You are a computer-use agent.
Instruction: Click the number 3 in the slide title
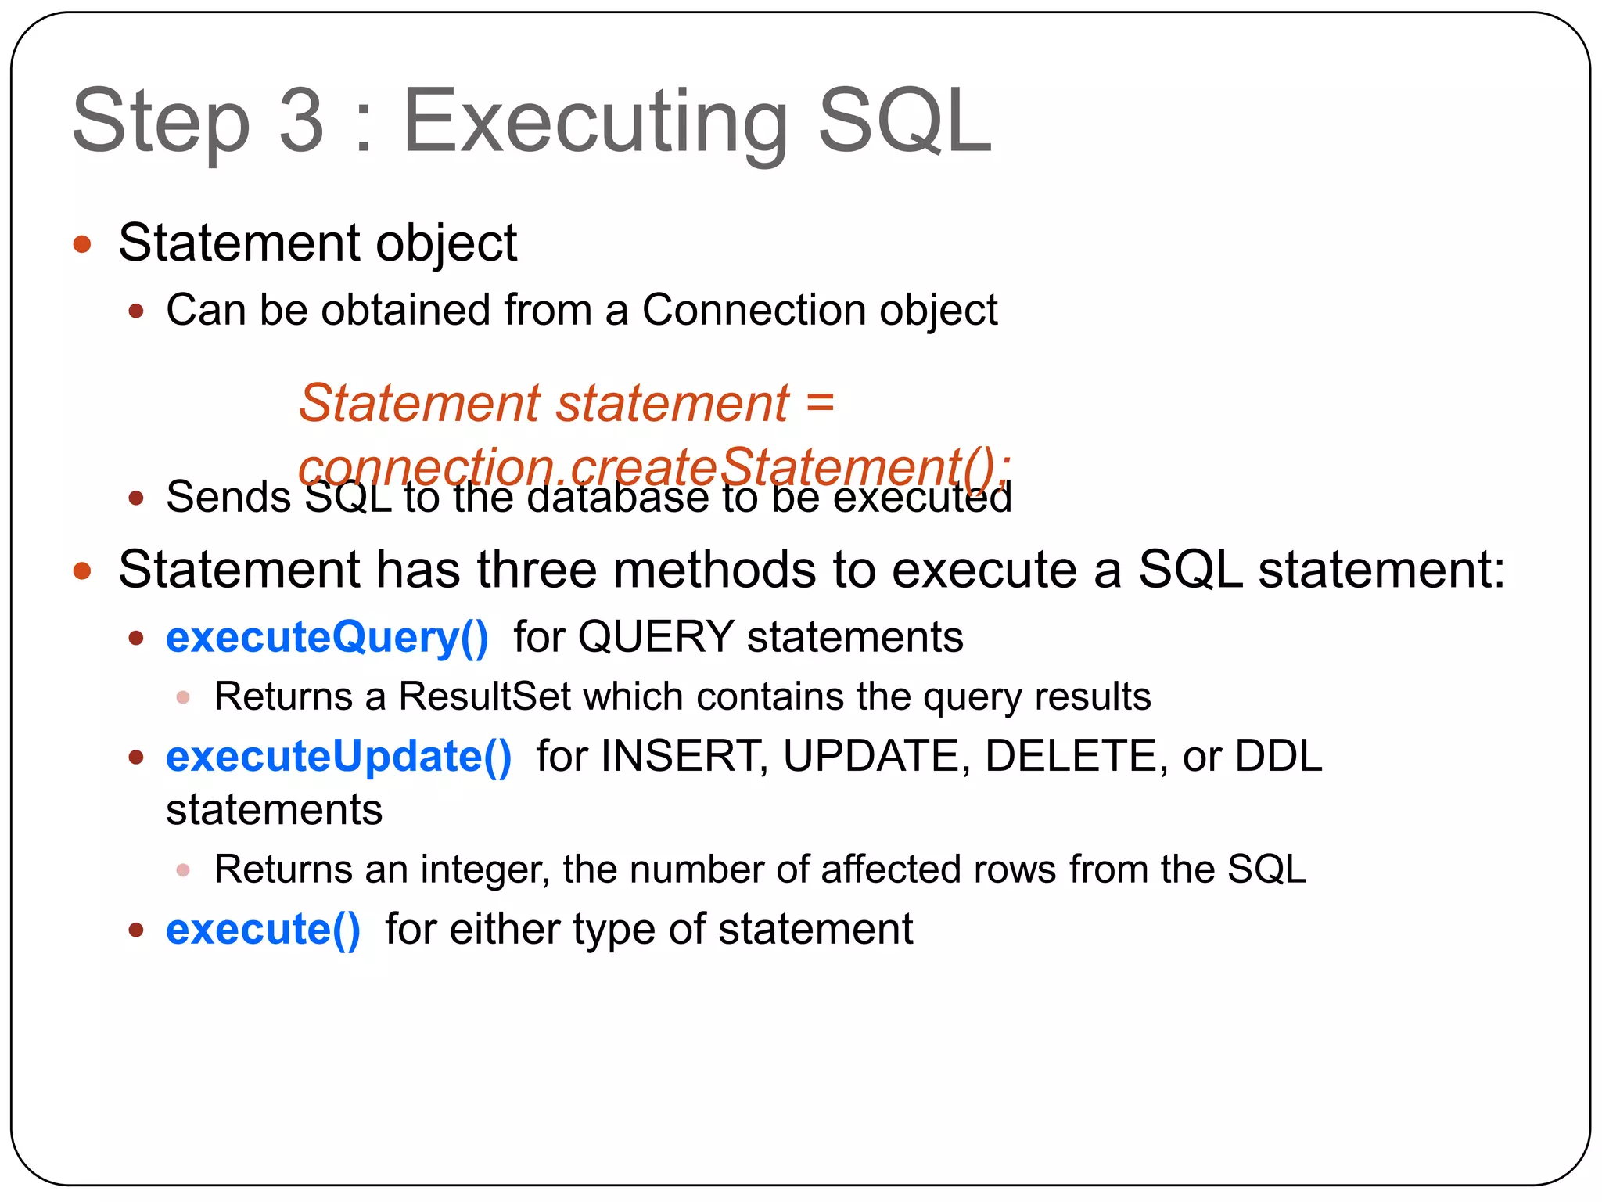[x=301, y=121]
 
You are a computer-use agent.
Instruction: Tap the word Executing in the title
[x=594, y=124]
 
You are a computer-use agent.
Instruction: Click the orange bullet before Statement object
[x=82, y=244]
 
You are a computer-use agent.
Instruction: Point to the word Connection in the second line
[x=753, y=310]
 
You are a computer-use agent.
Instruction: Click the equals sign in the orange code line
[x=819, y=404]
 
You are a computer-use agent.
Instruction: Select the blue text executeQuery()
[x=327, y=637]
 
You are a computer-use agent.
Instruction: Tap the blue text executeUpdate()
[x=339, y=757]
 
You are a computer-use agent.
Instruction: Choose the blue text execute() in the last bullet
[x=263, y=930]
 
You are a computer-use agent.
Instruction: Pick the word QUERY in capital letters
[x=656, y=637]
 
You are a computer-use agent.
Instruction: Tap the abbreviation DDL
[x=1278, y=757]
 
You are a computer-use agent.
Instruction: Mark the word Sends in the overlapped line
[x=228, y=498]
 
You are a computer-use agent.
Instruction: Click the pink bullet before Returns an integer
[x=183, y=869]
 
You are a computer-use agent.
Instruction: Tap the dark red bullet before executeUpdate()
[x=136, y=757]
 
